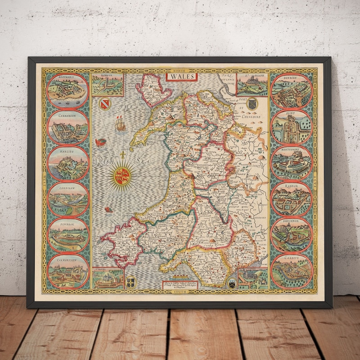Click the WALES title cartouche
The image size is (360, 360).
pos(181,76)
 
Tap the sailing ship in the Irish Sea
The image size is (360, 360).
pos(120,123)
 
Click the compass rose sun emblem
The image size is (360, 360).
pos(124,175)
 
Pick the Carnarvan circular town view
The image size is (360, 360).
pos(68,128)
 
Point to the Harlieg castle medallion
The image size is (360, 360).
pos(68,163)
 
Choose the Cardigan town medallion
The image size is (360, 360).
pos(68,199)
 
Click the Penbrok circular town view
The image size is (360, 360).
pos(68,235)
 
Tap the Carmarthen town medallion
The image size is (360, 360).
pos(68,270)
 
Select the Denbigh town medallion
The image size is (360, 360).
pos(291,90)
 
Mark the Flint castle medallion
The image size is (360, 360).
pos(291,126)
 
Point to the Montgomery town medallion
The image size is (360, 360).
pos(291,162)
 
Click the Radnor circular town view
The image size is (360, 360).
pos(291,198)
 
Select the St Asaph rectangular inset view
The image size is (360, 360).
pos(252,85)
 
